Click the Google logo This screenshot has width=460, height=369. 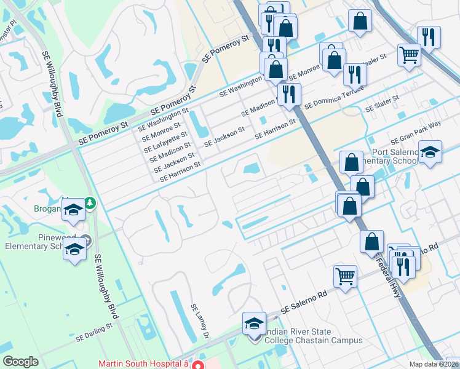[20, 362]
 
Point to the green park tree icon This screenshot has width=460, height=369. [90, 202]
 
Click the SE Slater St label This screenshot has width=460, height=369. [383, 103]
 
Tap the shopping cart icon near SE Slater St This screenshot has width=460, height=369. [409, 54]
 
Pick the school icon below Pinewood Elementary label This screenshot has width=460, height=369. [74, 250]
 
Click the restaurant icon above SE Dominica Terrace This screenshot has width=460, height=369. [355, 74]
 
